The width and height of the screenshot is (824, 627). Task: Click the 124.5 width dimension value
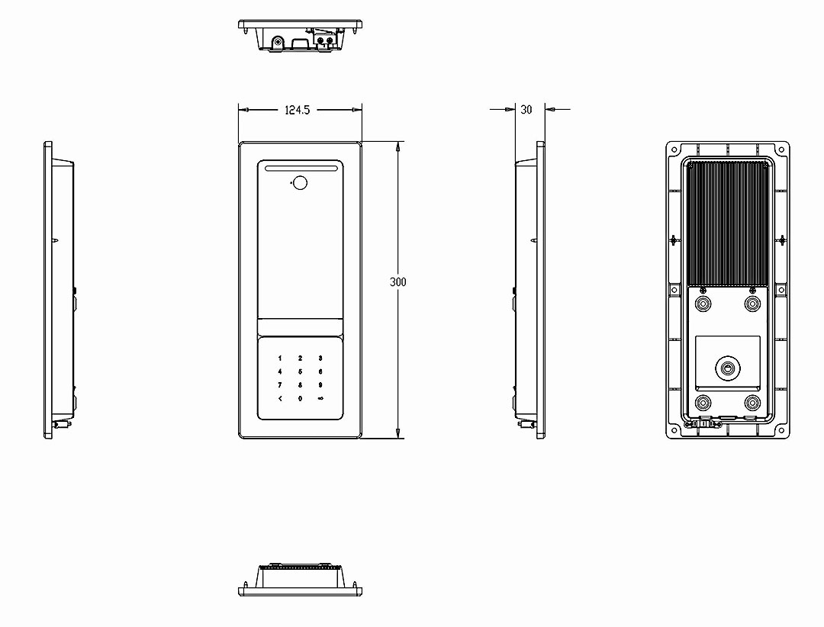coord(297,110)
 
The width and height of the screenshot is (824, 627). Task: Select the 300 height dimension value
coord(398,282)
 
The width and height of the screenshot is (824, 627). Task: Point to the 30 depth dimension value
coord(526,109)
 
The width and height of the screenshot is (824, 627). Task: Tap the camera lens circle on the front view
coord(300,183)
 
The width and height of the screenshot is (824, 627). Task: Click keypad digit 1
coord(279,359)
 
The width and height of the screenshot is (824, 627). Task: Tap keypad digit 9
coord(320,385)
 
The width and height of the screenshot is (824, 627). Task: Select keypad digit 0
coord(300,398)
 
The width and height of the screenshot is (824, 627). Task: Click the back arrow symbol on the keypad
coord(280,398)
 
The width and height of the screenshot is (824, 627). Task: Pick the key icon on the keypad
coord(320,398)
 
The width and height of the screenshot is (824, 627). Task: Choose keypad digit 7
coord(279,385)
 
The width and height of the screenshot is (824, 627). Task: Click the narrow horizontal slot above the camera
coord(300,169)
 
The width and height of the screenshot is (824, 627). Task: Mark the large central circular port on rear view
coord(728,368)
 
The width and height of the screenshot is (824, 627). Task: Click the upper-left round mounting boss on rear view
coord(703,304)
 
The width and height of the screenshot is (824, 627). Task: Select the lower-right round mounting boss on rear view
coord(752,403)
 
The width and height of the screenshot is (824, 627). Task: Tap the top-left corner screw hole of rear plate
coord(674,150)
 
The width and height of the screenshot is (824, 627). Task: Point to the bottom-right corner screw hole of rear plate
coord(781,430)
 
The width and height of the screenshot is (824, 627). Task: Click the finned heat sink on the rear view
coord(728,223)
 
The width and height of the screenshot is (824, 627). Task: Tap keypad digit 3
coord(320,359)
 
